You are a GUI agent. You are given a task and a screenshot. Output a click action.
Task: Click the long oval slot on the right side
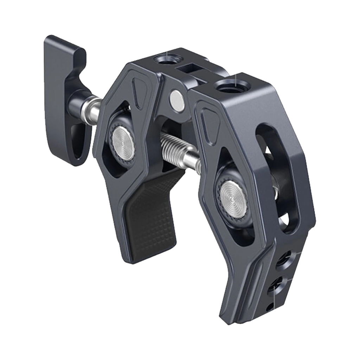[x=278, y=176]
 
